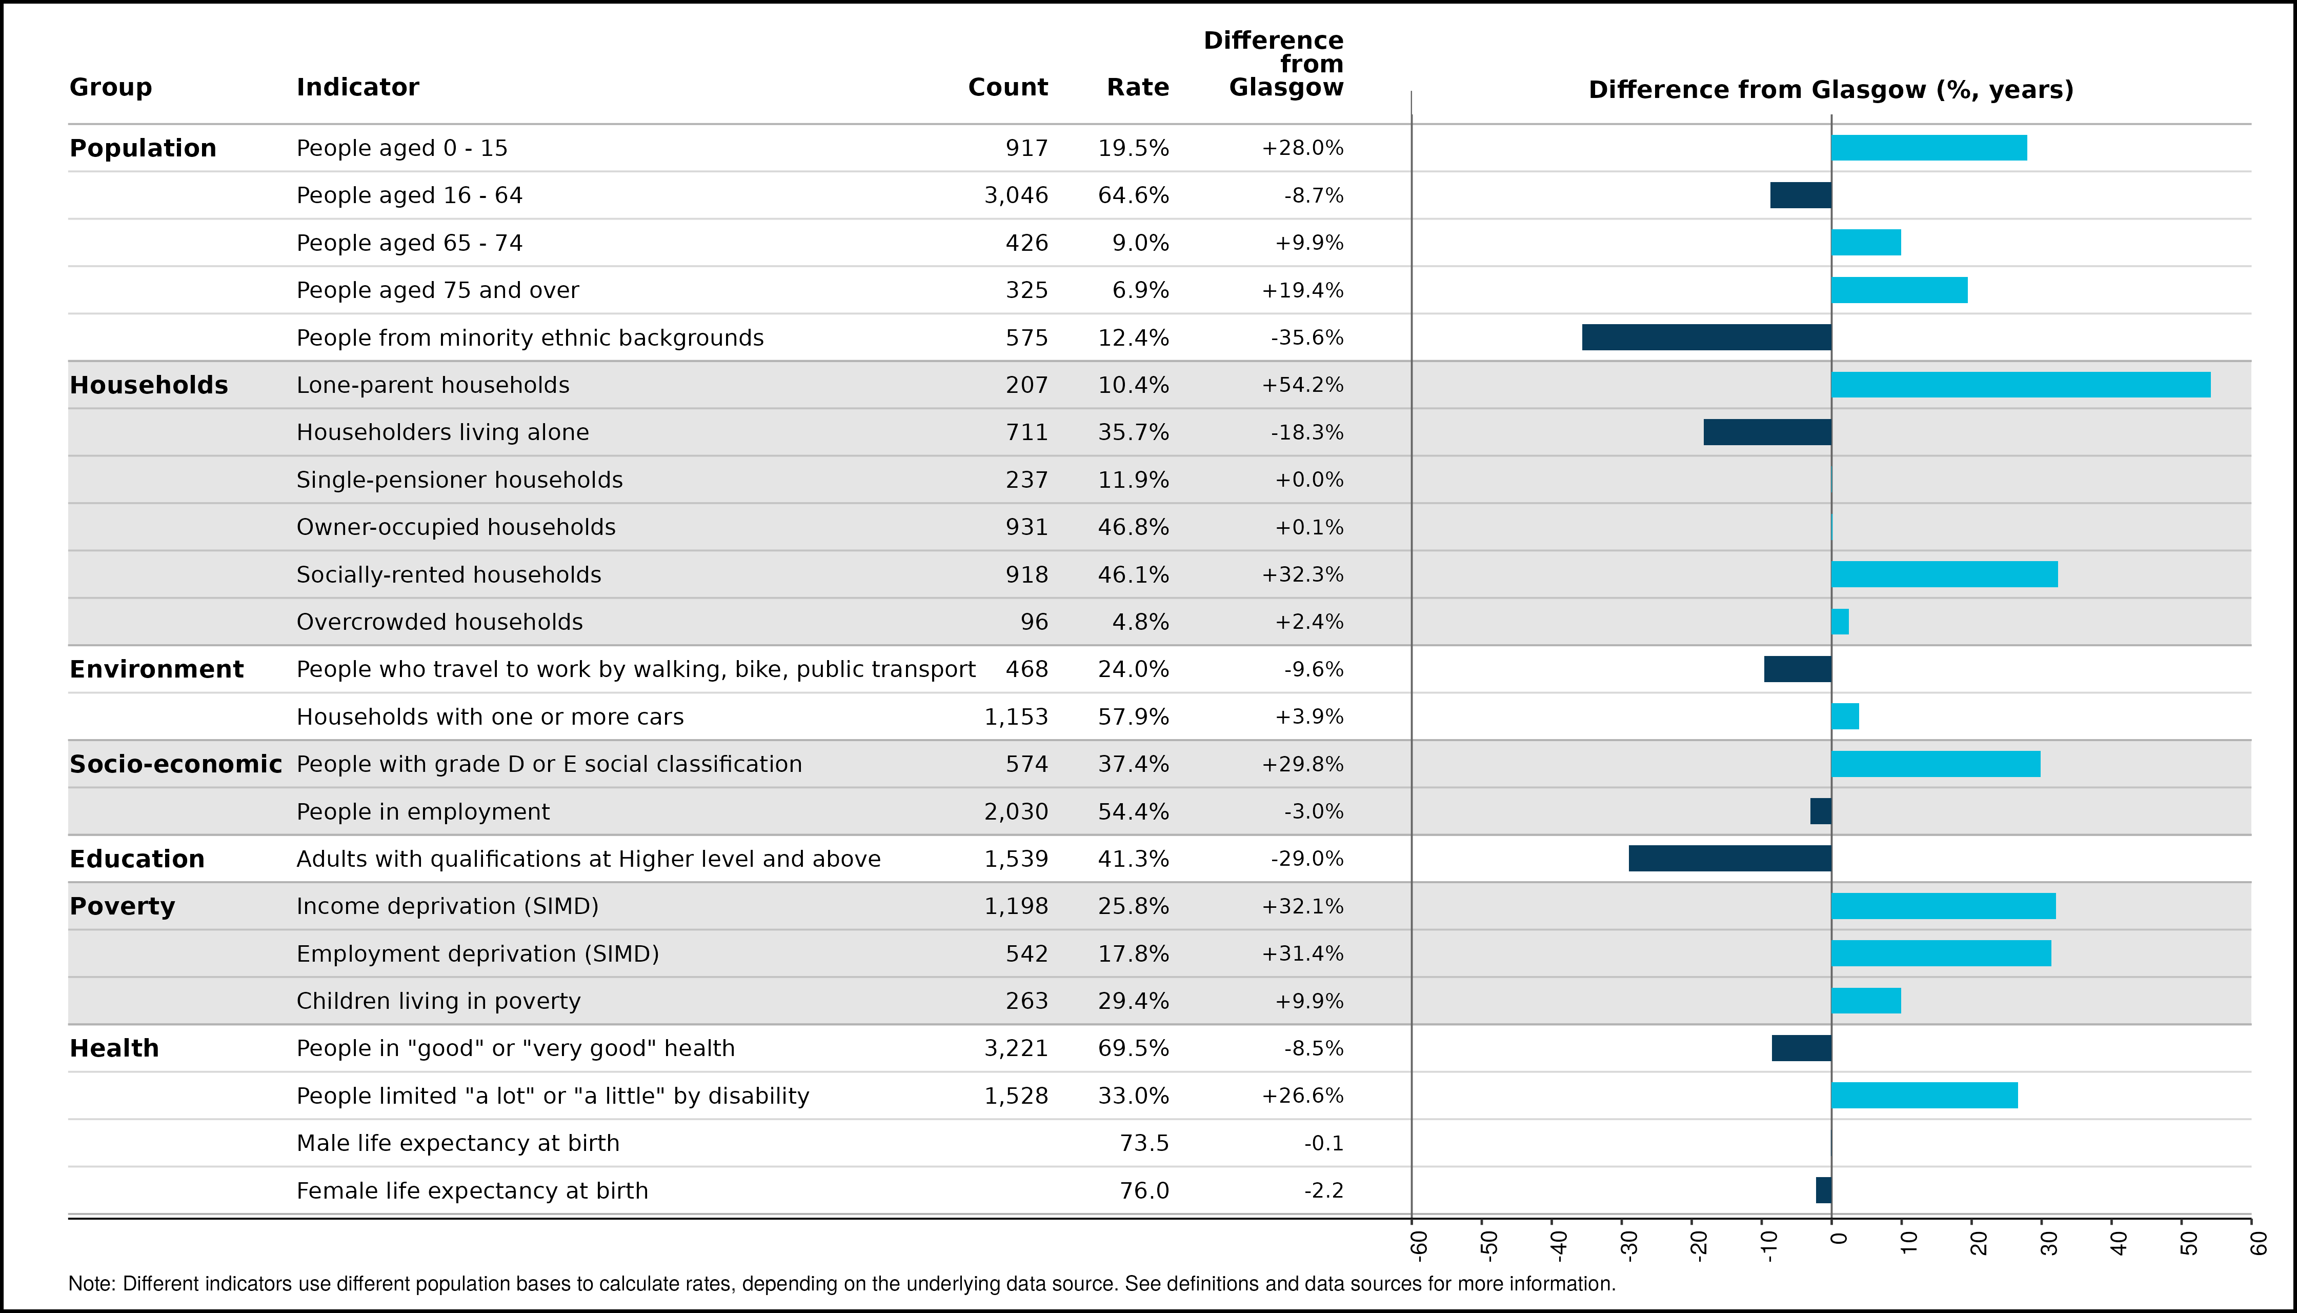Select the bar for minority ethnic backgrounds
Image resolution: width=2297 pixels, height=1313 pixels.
point(1706,337)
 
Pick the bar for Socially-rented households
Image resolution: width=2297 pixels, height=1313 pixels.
point(1945,574)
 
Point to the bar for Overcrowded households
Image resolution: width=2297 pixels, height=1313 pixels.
point(1840,621)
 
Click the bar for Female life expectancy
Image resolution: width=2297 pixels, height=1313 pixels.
point(1824,1190)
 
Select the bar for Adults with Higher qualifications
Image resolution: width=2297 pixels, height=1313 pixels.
point(1730,859)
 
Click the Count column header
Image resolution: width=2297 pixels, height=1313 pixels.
point(1008,88)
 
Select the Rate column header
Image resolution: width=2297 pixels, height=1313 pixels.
point(1138,88)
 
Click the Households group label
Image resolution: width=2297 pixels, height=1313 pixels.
point(149,385)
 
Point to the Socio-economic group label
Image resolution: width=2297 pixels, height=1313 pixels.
point(176,764)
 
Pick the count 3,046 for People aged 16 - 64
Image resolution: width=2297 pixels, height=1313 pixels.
point(1016,196)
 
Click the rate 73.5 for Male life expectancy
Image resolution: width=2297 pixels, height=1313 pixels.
point(1144,1143)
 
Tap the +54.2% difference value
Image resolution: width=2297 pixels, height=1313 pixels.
point(1303,385)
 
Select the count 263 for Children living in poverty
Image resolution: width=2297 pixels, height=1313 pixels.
point(1027,1001)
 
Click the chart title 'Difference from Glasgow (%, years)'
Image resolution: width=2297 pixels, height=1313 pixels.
point(1831,90)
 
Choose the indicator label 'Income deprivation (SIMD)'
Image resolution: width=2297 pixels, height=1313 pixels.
point(448,906)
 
